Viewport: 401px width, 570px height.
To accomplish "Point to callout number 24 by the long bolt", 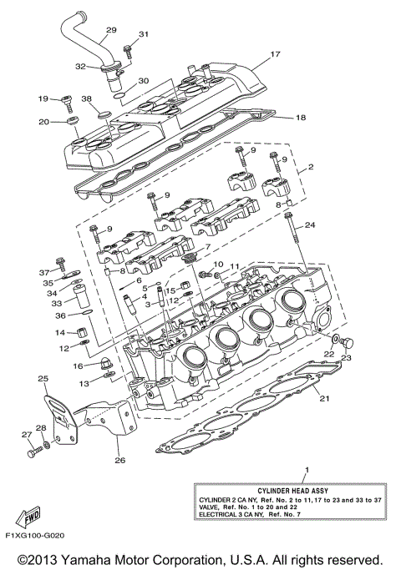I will coord(310,225).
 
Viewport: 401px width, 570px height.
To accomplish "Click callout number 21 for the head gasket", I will coord(324,398).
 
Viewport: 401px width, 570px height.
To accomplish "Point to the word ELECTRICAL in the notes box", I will coord(220,513).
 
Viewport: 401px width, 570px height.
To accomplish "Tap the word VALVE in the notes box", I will coord(210,506).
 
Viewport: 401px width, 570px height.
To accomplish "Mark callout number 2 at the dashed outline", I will coord(311,167).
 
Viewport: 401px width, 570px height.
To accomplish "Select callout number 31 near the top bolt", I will coord(143,34).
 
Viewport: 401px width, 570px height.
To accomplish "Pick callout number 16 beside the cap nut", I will coord(78,366).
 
